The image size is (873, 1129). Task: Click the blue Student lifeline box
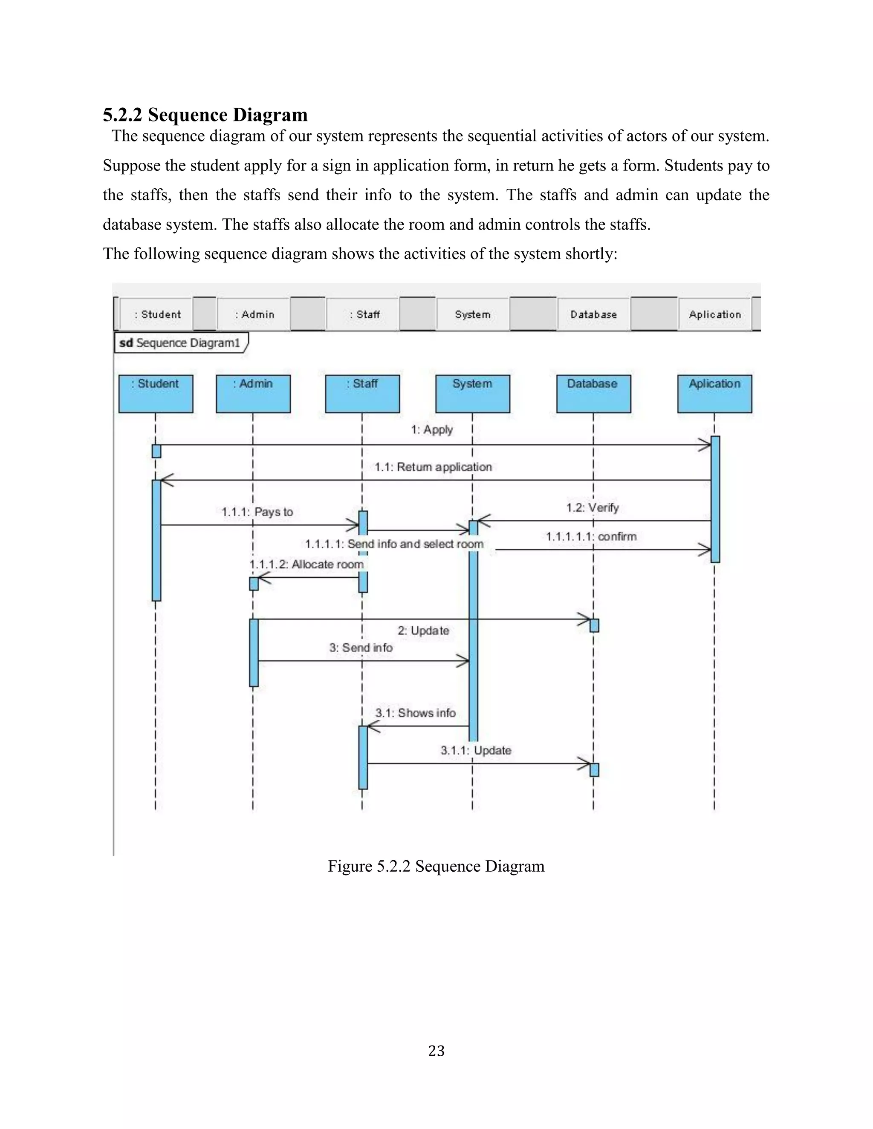tap(156, 393)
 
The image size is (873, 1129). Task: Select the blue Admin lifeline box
tap(253, 393)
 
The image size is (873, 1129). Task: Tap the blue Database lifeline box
tap(593, 393)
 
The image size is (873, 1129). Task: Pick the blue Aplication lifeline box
tap(714, 393)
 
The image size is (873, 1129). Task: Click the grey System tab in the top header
tap(473, 314)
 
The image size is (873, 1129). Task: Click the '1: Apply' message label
tap(432, 429)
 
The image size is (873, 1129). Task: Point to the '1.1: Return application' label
tap(434, 467)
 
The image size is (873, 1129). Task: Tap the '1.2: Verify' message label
tap(592, 508)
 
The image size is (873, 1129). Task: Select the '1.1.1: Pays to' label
tap(257, 512)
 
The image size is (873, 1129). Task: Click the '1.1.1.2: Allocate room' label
tap(306, 564)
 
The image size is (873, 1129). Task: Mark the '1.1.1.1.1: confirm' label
tap(591, 536)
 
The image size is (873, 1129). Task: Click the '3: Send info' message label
tap(361, 648)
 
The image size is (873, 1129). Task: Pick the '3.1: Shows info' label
tap(415, 713)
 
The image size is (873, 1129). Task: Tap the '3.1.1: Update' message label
tap(476, 750)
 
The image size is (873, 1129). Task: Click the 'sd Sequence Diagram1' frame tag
tap(180, 343)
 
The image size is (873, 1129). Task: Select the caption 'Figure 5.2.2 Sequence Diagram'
tap(436, 866)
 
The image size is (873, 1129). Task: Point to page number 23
tap(436, 1051)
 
